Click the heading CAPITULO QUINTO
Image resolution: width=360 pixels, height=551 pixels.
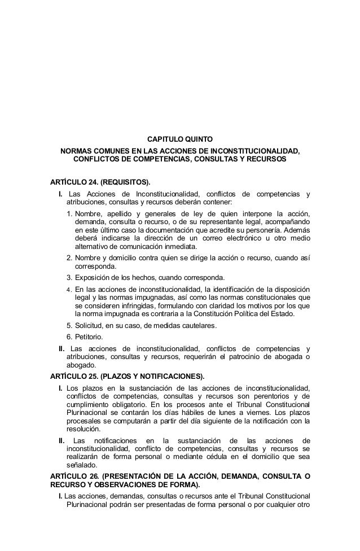180,138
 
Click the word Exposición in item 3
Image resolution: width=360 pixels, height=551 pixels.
93,278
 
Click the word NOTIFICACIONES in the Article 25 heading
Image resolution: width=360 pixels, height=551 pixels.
165,377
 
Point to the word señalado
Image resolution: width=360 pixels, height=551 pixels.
81,466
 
